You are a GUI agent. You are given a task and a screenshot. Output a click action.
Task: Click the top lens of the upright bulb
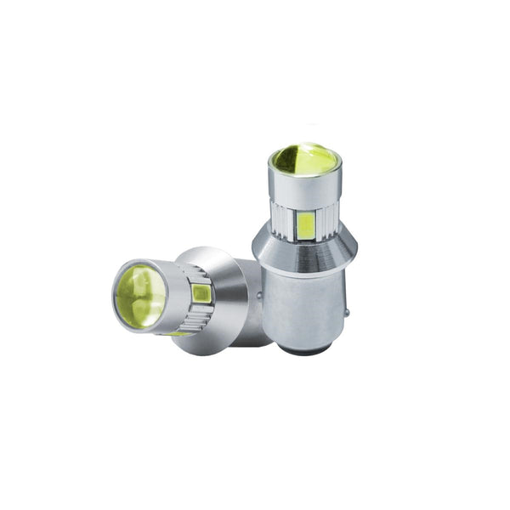point(303,160)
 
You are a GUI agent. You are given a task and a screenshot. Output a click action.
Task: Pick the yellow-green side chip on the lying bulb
point(201,294)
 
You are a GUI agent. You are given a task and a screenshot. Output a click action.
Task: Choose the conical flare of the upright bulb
point(303,251)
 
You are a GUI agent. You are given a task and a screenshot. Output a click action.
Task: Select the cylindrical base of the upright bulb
point(303,306)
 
